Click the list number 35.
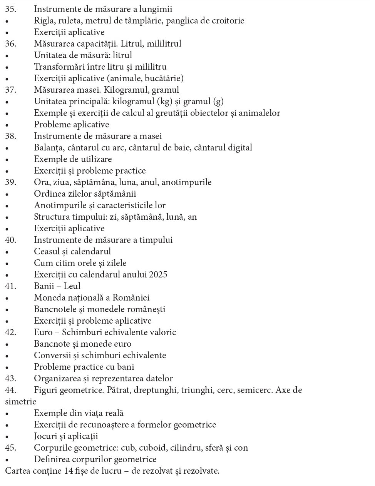tap(10, 9)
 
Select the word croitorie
tap(228, 20)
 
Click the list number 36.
tap(10, 43)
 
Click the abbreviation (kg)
tap(165, 102)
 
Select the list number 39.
tap(10, 182)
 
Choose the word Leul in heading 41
tap(72, 286)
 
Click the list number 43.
tap(10, 378)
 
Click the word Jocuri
tap(46, 436)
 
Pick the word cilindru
tap(175, 448)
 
